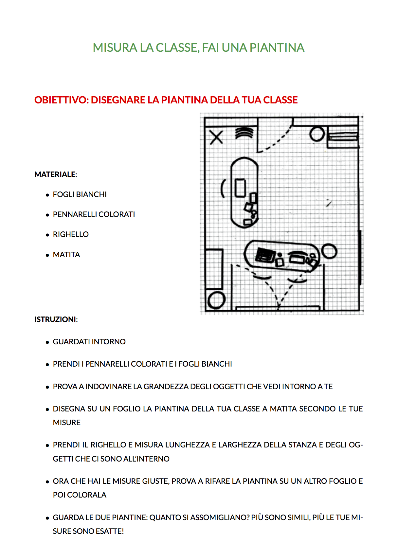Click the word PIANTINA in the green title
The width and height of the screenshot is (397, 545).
point(277,48)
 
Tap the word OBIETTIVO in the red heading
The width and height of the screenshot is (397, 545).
point(61,100)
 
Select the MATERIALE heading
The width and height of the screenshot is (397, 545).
point(55,174)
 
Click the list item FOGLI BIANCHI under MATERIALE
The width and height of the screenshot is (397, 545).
point(80,194)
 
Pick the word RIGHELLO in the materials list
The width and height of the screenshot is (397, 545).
point(71,234)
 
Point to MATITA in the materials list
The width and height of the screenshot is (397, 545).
point(66,255)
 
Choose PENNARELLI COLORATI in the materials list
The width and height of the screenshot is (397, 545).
point(94,214)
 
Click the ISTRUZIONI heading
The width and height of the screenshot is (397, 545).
point(56,319)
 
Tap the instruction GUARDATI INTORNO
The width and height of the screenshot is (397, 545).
point(89,342)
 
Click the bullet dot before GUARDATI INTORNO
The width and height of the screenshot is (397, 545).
point(47,342)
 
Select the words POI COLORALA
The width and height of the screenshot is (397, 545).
point(80,495)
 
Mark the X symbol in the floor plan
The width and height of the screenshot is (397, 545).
point(216,137)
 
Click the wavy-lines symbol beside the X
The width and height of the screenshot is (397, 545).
point(244,133)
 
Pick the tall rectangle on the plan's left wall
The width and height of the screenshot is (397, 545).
point(214,269)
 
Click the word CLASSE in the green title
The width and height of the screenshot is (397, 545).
point(177,48)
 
